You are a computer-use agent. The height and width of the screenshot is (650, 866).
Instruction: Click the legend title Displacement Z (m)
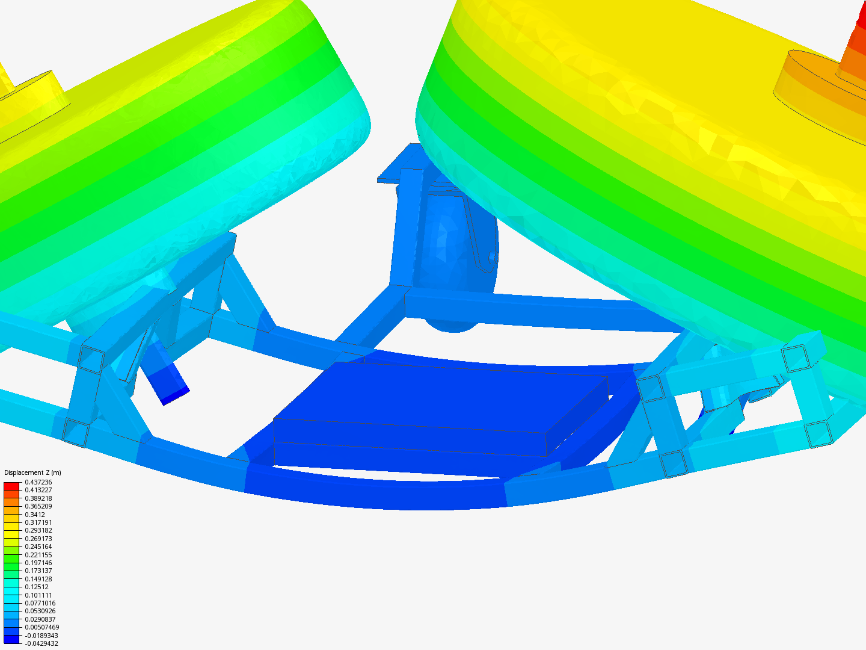pyautogui.click(x=32, y=472)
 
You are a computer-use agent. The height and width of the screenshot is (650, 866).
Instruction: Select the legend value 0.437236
pyautogui.click(x=38, y=482)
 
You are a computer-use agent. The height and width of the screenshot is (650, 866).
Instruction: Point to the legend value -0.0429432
pyautogui.click(x=41, y=643)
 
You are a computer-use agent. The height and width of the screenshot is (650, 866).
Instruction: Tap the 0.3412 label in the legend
pyautogui.click(x=35, y=514)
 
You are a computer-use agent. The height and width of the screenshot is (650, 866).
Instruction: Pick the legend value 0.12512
pyautogui.click(x=37, y=587)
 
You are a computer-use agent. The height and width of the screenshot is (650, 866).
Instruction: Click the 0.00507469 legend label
pyautogui.click(x=42, y=627)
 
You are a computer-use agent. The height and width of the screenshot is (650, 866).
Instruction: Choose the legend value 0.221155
pyautogui.click(x=38, y=554)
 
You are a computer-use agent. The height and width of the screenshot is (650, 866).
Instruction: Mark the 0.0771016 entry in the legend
pyautogui.click(x=40, y=603)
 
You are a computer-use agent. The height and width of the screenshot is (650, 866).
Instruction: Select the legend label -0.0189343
pyautogui.click(x=41, y=636)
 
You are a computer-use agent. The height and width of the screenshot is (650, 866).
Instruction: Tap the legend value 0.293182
pyautogui.click(x=38, y=530)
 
